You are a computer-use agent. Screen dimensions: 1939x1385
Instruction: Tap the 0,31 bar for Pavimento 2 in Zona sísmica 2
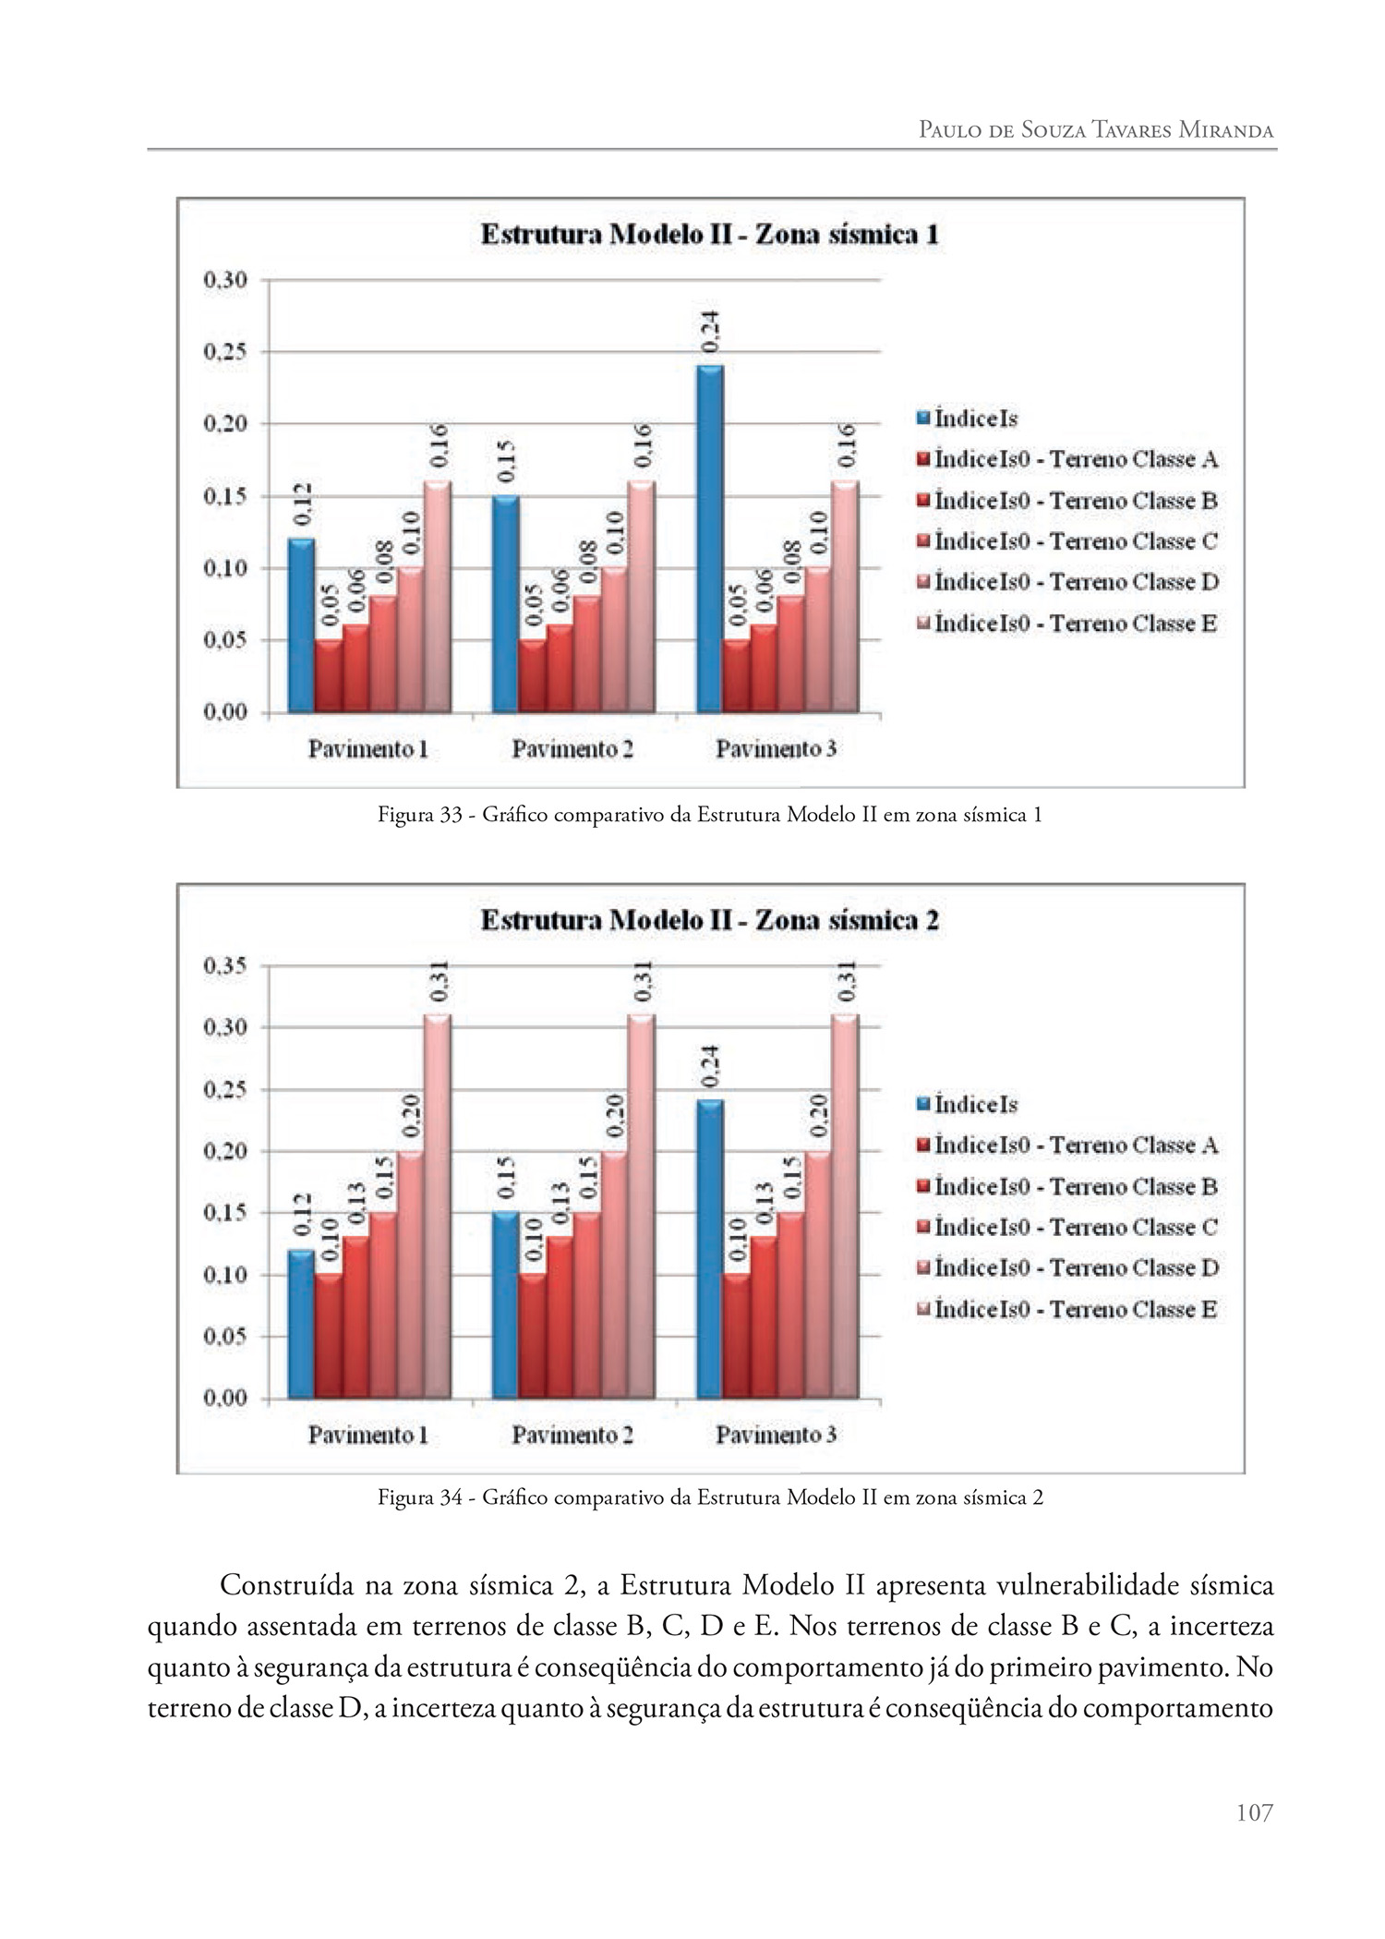tap(641, 1206)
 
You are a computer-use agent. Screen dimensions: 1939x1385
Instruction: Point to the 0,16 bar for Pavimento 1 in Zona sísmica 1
tap(438, 596)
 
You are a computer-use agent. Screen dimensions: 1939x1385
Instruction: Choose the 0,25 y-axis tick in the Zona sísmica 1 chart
tap(224, 352)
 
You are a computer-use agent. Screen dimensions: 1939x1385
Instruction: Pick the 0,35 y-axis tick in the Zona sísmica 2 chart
tap(224, 965)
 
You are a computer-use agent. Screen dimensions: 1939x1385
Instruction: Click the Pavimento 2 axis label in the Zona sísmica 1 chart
tap(572, 748)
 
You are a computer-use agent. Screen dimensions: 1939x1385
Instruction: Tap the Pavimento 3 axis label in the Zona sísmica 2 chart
tap(776, 1435)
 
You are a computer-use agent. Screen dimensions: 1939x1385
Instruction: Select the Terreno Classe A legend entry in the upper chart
tap(1076, 459)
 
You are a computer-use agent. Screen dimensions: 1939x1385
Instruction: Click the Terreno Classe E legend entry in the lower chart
tap(1076, 1309)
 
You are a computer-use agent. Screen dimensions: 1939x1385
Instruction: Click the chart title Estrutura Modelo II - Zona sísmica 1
tap(709, 235)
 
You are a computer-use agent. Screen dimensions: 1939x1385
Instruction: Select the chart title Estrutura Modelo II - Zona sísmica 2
tap(709, 921)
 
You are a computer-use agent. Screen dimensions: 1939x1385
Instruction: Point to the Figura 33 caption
tap(709, 815)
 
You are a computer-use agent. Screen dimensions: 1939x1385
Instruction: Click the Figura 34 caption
tap(709, 1497)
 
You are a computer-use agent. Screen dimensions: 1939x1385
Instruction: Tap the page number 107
tap(1254, 1813)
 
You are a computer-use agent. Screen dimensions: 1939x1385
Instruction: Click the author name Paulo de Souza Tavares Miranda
tap(1095, 129)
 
